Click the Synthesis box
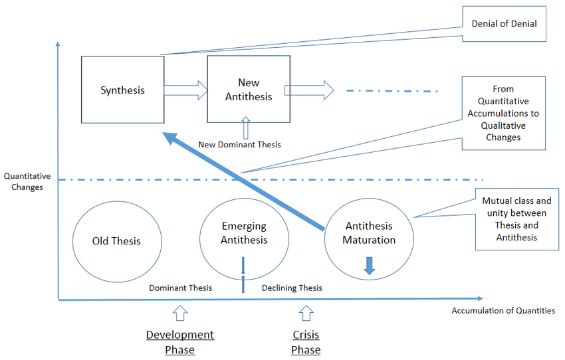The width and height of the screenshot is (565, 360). pos(122,90)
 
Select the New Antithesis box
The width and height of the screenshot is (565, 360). pos(249,90)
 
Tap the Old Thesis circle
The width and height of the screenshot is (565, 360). pos(116,241)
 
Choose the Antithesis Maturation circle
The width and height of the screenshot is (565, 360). pos(369,232)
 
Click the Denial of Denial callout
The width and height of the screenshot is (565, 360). pos(504,24)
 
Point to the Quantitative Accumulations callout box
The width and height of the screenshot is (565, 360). pos(503,113)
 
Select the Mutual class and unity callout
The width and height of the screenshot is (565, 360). pos(516,219)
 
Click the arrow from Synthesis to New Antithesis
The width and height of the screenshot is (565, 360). pos(186,90)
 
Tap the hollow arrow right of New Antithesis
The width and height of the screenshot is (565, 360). pos(309,90)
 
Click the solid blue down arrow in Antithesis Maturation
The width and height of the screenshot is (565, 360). pos(370,265)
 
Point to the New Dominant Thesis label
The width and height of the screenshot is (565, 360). pos(239,144)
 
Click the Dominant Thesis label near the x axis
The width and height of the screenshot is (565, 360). pos(180,288)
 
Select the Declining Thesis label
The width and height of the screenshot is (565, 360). pos(292,288)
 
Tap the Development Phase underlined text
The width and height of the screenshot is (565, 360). pos(180,342)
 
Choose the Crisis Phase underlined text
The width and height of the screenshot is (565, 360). pos(306,342)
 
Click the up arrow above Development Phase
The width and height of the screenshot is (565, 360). pos(180,313)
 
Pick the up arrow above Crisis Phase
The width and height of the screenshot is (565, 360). pos(306,313)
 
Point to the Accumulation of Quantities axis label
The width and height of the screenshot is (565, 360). pos(503,310)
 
